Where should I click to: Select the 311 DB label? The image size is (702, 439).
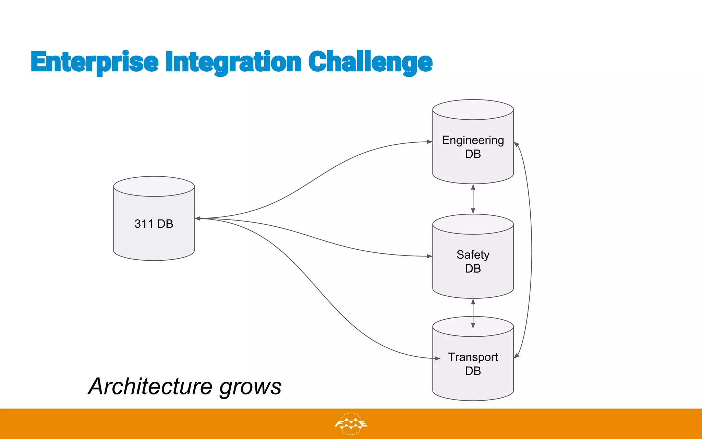coord(154,224)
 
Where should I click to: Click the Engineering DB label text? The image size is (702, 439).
coord(473,147)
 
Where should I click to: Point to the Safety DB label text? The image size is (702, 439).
coord(473,261)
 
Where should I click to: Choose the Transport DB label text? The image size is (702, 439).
coord(473,364)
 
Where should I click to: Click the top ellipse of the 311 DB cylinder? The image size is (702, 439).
coord(154,186)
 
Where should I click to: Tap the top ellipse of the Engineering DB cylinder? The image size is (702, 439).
coord(473,109)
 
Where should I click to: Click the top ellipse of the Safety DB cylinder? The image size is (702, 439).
coord(473,224)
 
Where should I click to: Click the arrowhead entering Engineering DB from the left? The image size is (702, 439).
coord(429,142)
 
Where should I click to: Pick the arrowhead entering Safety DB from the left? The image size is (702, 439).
coord(429,256)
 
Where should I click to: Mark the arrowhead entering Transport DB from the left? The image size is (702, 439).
coord(437,358)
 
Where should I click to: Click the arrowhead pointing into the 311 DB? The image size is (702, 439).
coord(198,218)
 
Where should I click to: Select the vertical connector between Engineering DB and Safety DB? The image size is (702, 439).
coord(473,199)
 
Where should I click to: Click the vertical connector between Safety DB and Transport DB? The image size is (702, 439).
coord(473,313)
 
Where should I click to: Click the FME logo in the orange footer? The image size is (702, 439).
coord(351,424)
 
